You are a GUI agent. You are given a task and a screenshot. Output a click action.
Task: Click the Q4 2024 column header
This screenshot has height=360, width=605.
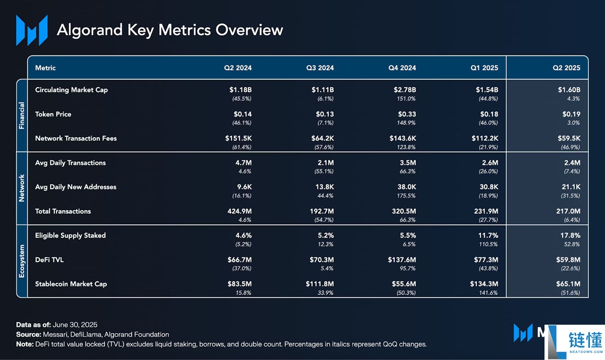click(x=402, y=68)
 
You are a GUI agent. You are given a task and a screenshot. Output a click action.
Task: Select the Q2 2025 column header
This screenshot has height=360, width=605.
click(x=566, y=68)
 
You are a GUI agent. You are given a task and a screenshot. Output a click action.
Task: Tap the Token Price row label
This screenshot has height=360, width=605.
click(x=53, y=114)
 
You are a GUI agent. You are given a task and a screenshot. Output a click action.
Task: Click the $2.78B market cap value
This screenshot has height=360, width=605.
click(x=404, y=90)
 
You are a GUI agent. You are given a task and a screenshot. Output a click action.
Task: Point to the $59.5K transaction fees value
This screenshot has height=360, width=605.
click(x=569, y=138)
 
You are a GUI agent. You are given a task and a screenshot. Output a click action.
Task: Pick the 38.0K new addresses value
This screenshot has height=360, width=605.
click(x=406, y=187)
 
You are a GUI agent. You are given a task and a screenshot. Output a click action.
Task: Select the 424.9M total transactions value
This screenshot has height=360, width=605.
click(x=239, y=211)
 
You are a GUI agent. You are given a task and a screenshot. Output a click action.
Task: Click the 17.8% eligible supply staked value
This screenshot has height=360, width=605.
click(x=570, y=235)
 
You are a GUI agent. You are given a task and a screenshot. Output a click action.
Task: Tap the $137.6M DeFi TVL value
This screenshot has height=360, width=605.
click(x=402, y=260)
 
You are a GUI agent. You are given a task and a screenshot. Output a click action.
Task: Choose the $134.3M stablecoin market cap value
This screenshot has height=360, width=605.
click(x=484, y=284)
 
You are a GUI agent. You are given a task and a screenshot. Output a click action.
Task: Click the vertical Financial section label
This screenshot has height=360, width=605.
click(x=22, y=115)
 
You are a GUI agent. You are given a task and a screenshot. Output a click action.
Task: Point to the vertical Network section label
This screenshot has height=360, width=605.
click(x=22, y=188)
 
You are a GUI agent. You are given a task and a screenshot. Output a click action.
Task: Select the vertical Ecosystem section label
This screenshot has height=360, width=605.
click(x=22, y=261)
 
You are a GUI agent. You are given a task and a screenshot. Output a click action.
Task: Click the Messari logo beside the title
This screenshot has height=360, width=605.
click(x=32, y=30)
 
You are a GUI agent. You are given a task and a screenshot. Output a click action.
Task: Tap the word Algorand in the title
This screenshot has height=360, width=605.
click(x=90, y=30)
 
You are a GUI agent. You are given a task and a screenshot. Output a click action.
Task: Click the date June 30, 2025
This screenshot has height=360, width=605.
click(x=75, y=325)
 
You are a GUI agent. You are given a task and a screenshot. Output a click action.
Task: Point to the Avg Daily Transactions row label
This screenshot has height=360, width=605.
click(x=71, y=163)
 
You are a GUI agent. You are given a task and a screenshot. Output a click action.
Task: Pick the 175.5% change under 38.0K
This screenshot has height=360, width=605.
click(x=406, y=196)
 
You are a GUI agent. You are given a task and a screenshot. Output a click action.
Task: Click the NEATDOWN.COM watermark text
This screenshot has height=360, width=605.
click(x=586, y=351)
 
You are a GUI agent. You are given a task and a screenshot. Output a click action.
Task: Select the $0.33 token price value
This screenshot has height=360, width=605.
click(x=407, y=114)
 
